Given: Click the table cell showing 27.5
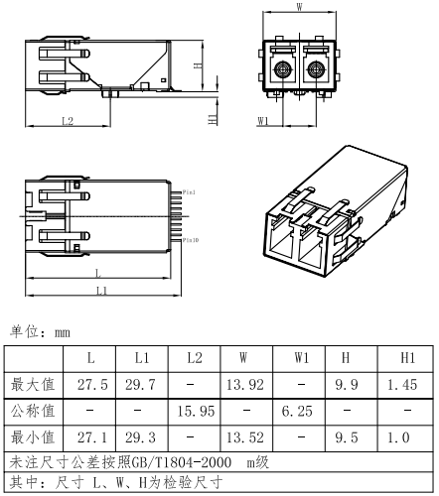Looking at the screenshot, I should [92, 384].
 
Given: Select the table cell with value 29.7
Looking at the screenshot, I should [142, 384].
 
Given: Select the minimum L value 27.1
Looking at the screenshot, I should [92, 435].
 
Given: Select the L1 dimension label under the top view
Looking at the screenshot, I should [101, 290].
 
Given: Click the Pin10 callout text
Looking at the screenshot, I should [189, 239].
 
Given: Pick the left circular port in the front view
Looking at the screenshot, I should [282, 70].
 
